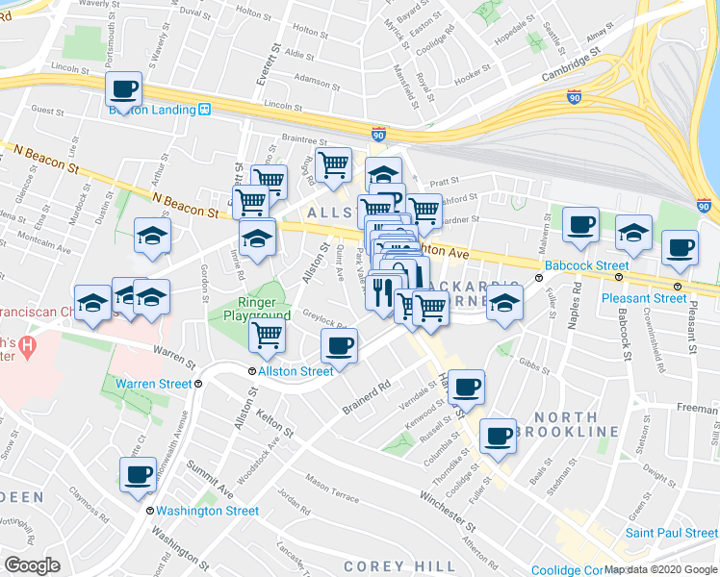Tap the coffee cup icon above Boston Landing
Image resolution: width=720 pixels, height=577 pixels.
tap(124, 89)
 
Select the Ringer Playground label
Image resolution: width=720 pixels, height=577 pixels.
tap(257, 309)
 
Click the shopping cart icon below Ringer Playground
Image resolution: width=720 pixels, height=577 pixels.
tap(267, 335)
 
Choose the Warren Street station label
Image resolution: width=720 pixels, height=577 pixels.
tap(154, 384)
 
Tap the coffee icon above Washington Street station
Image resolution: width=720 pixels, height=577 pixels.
tap(138, 474)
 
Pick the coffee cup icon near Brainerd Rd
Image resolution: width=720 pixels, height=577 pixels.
tap(339, 346)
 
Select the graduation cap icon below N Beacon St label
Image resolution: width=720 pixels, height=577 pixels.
tap(152, 234)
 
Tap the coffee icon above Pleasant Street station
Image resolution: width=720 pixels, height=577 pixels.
tap(680, 247)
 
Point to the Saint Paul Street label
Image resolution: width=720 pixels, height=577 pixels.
tap(671, 533)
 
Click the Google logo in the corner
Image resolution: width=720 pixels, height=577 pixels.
tap(32, 565)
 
